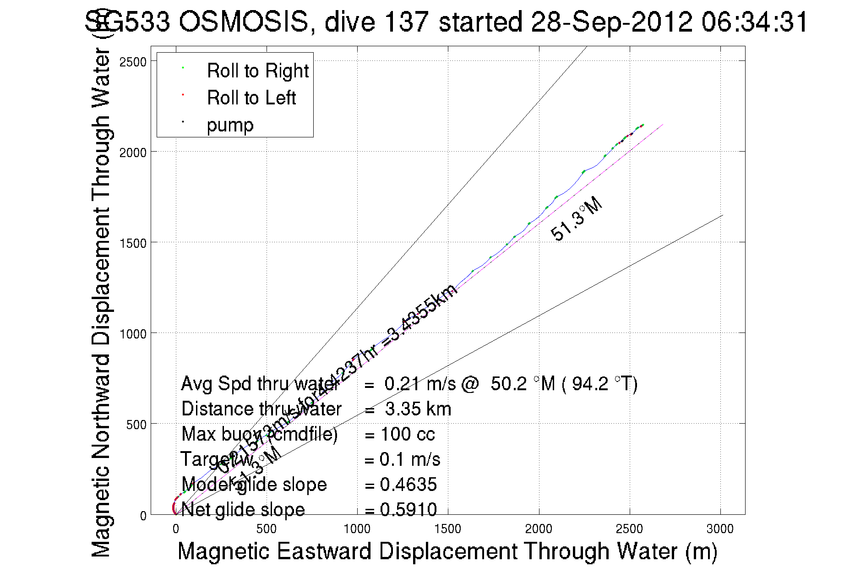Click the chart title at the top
447,22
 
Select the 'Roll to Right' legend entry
257,71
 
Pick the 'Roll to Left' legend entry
251,98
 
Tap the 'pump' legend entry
230,125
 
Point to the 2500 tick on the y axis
133,62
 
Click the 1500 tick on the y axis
133,243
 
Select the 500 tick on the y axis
136,425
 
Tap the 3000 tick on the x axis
720,529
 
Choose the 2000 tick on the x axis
539,529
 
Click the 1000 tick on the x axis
357,529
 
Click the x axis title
447,551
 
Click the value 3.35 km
418,409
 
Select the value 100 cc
408,434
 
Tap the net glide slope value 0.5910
408,509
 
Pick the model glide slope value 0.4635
408,485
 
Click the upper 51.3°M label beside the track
576,219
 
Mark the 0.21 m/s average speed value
420,384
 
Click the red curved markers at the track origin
175,506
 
